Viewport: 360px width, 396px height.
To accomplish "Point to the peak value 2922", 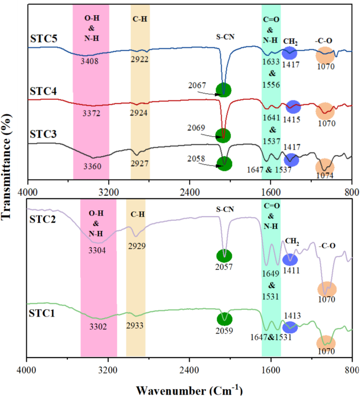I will tap(140, 59).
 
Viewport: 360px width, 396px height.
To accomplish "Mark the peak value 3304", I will tap(99, 250).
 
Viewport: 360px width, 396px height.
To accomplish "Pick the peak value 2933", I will tap(136, 326).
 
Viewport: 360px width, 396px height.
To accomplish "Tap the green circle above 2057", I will tap(224, 256).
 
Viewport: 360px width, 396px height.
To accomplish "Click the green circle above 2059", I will tap(224, 319).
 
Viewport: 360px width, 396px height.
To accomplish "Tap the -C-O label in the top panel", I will tap(325, 40).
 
